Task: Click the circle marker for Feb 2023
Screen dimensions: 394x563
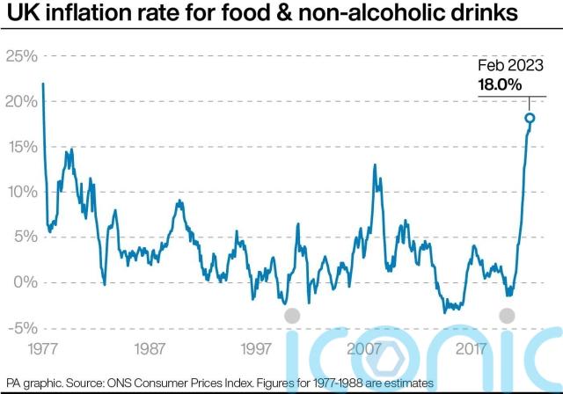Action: click(530, 118)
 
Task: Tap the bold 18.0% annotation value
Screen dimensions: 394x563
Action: click(501, 84)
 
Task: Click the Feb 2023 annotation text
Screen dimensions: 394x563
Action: click(510, 66)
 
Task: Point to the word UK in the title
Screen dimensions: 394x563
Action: click(18, 15)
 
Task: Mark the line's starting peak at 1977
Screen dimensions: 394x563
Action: click(43, 84)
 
